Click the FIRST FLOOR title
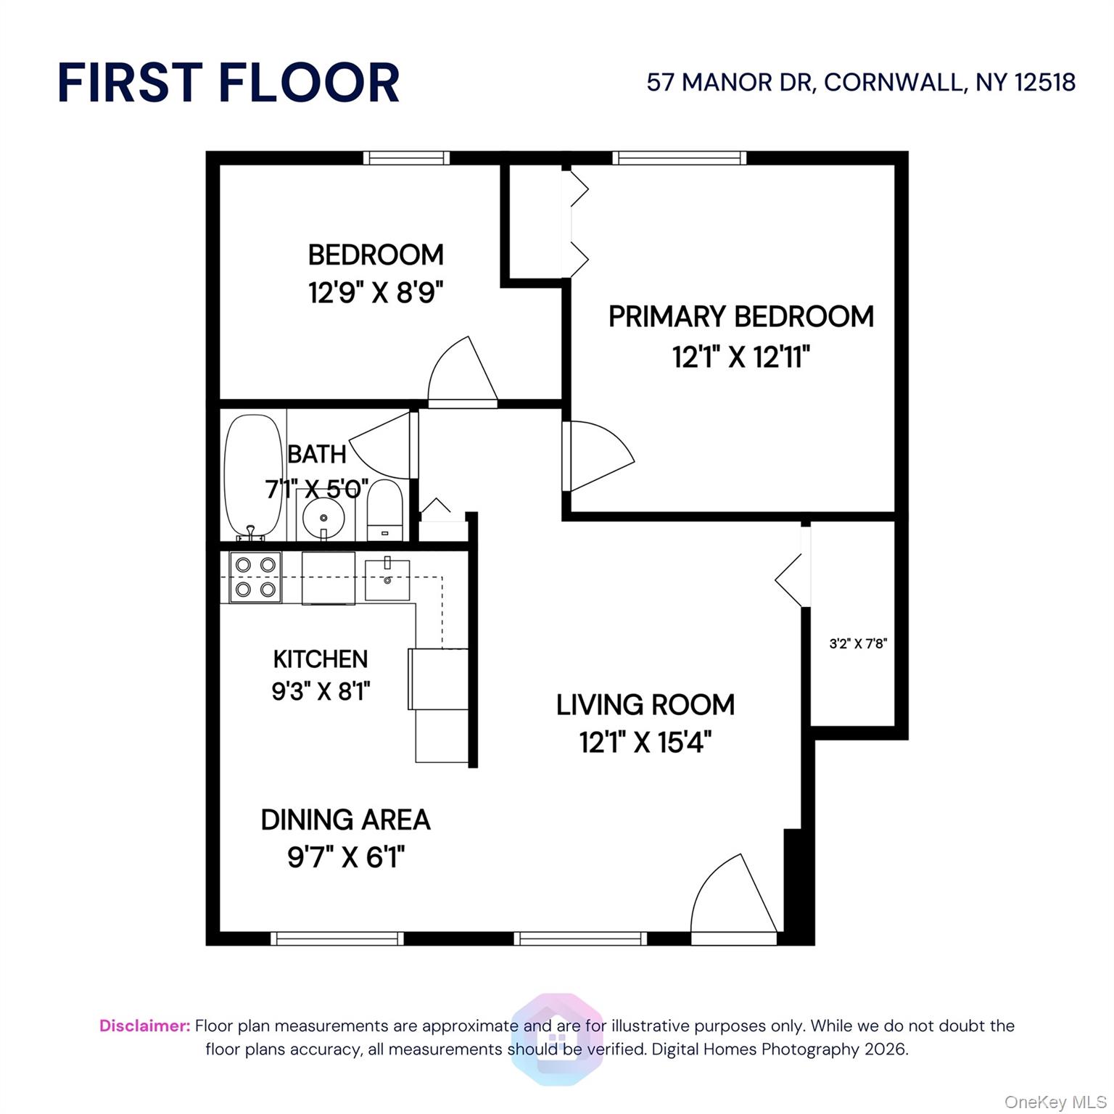tap(228, 82)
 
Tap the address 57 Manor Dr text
tap(860, 82)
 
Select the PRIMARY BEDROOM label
tap(740, 317)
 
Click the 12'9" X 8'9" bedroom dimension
tap(375, 293)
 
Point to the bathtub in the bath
tap(253, 476)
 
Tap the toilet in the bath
tap(384, 509)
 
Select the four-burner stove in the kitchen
tap(255, 577)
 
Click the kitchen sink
tap(387, 579)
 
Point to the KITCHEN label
tap(321, 659)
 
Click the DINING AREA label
tap(345, 820)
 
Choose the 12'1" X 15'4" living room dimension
tap(645, 743)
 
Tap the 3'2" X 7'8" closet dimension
tap(858, 643)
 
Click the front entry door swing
tap(733, 899)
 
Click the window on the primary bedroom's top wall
tap(679, 158)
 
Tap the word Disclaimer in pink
tap(144, 1026)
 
